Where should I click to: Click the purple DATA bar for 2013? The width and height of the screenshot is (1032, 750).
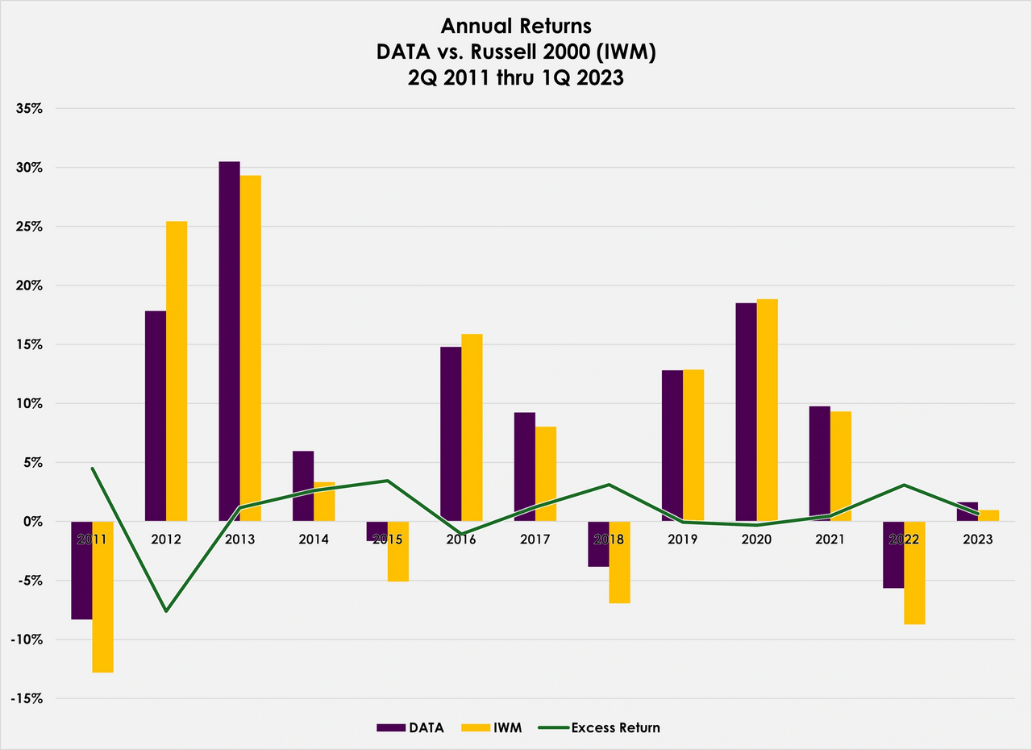(229, 339)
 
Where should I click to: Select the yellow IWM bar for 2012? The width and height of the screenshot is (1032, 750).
(177, 371)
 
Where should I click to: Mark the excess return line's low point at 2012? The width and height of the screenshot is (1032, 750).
(166, 611)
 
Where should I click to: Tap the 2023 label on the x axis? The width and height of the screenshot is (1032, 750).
(977, 539)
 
